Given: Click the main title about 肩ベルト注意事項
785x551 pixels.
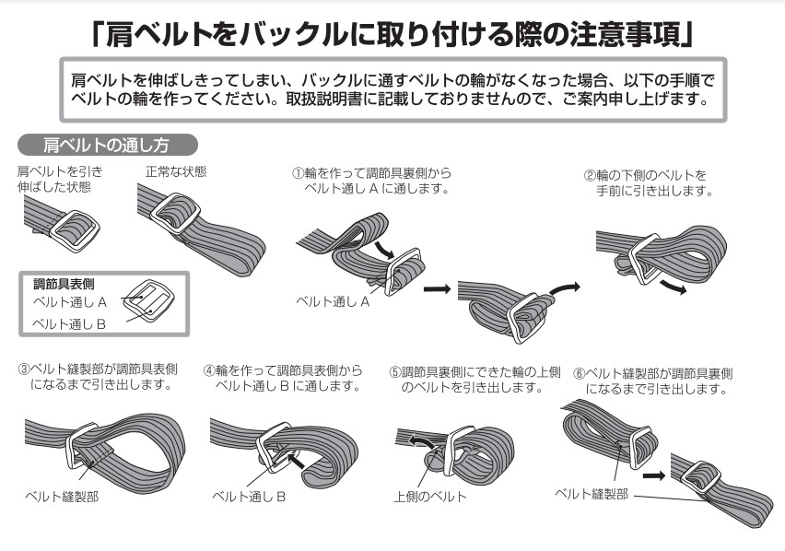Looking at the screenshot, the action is (x=392, y=34).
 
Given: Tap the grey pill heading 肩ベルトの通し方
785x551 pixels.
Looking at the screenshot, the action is (x=107, y=146).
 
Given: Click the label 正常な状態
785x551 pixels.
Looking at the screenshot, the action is (x=176, y=171).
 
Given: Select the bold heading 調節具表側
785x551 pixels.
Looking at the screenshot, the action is (x=64, y=285).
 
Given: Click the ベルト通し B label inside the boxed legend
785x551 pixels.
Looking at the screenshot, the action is (x=69, y=324).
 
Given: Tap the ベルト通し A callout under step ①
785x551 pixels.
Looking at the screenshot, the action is (x=333, y=301).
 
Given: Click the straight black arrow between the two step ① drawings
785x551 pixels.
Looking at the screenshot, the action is (x=437, y=288).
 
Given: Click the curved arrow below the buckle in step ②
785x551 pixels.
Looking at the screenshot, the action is (x=674, y=287).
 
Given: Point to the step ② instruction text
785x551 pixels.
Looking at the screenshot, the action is (x=650, y=182).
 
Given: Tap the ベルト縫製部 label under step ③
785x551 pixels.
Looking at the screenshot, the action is (x=62, y=497).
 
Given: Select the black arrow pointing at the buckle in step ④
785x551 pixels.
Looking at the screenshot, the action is (x=296, y=461).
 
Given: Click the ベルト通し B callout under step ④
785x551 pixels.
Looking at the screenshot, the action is (x=249, y=497).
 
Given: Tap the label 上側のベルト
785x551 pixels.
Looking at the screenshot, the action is (x=430, y=497).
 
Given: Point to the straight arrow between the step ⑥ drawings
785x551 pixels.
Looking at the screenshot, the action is (x=654, y=475).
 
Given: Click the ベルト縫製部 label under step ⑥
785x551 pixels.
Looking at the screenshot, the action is (x=592, y=494).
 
